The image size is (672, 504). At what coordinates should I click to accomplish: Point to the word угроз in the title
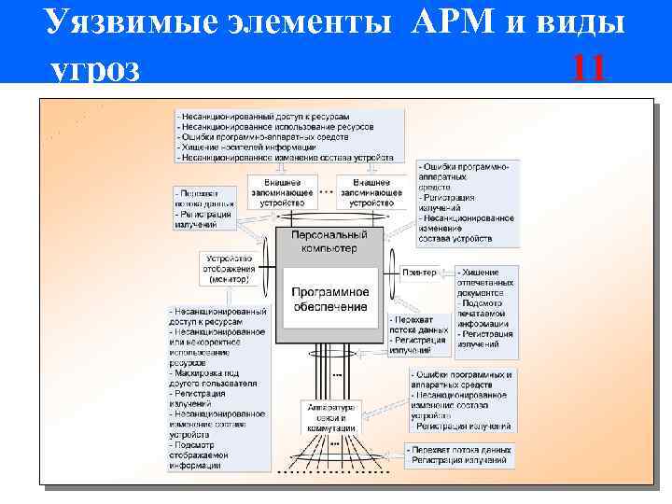[95, 69]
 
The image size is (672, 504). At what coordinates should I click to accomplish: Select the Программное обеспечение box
[330, 299]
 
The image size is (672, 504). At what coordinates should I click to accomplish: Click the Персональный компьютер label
[330, 242]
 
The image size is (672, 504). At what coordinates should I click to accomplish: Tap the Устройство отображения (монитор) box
[229, 269]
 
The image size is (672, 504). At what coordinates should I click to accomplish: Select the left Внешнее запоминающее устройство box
[283, 190]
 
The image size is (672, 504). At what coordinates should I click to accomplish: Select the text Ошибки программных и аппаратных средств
[462, 379]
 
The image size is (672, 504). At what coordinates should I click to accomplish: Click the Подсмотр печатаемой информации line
[485, 312]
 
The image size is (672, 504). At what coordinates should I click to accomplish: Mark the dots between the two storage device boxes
[327, 190]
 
